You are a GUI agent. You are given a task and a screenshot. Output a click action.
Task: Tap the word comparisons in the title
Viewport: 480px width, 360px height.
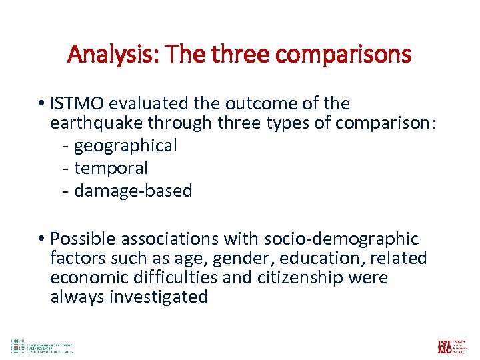point(352,54)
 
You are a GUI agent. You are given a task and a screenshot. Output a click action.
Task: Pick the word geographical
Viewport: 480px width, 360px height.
point(125,145)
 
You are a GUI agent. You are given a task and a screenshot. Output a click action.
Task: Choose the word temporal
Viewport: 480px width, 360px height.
point(111,168)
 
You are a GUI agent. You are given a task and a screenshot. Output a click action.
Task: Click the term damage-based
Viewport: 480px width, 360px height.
point(133,191)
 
